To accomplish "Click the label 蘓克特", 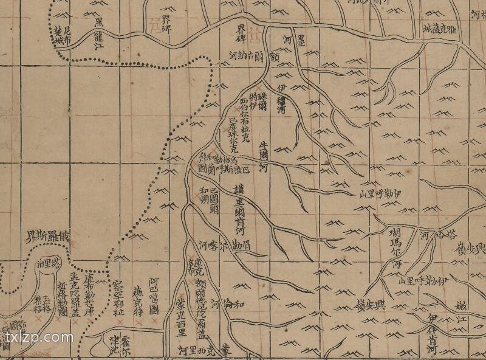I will click(x=138, y=305).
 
